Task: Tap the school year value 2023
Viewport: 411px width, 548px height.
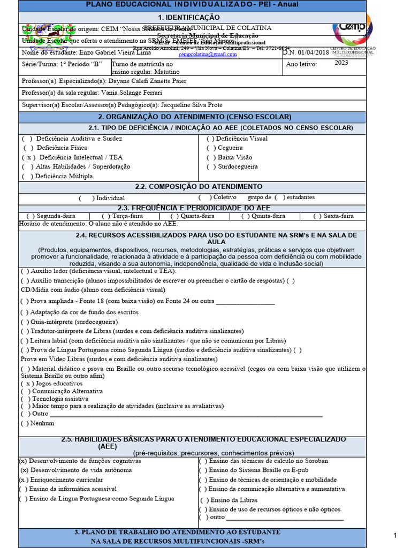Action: pyautogui.click(x=356, y=63)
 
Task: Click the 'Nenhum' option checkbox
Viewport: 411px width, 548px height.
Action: pyautogui.click(x=25, y=423)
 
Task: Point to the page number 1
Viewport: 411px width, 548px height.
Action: pyautogui.click(x=395, y=536)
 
